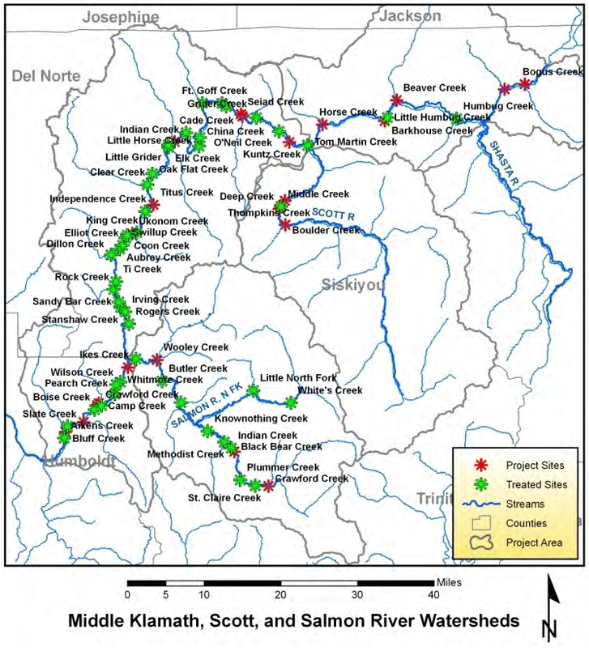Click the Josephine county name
(122, 16)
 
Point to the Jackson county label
(411, 15)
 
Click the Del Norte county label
(45, 75)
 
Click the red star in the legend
(480, 465)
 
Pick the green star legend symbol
(480, 484)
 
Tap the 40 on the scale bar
(433, 594)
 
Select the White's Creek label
(329, 390)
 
